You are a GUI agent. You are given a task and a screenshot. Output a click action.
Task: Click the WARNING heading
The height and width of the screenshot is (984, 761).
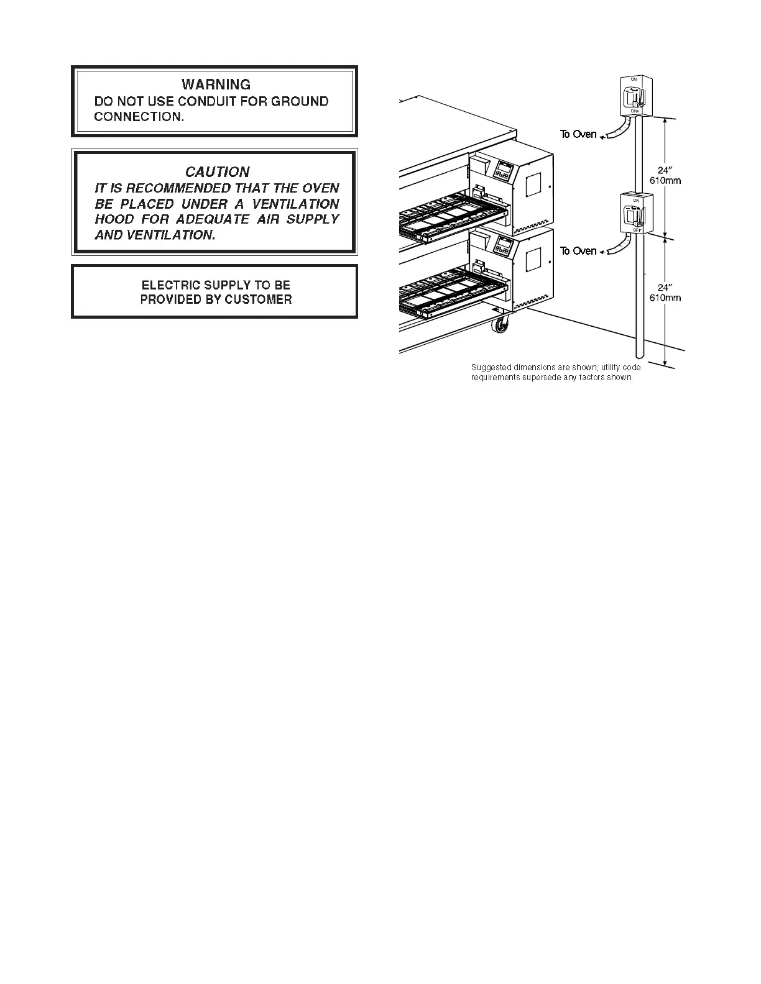point(216,84)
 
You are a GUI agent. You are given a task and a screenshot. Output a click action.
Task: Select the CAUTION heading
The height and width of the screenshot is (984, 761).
point(217,172)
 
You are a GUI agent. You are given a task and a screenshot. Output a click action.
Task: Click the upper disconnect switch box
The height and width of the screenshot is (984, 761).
point(635,96)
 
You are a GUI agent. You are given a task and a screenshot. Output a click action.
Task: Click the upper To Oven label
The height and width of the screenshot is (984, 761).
point(578,134)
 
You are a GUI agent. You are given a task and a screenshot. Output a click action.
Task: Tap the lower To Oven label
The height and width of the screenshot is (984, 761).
point(578,251)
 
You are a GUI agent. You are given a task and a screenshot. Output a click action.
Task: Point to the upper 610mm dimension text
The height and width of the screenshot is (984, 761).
point(665,181)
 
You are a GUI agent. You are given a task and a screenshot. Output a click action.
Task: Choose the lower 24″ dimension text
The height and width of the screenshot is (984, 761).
point(665,288)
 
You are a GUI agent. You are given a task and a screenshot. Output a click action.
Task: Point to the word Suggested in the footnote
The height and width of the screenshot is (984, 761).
point(491,368)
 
